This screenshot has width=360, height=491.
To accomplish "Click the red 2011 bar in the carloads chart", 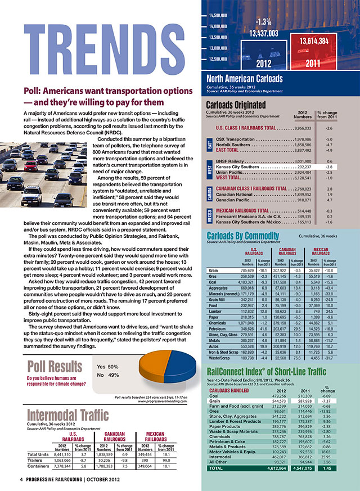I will tap(314, 51).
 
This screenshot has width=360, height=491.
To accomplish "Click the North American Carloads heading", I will tap(244, 79).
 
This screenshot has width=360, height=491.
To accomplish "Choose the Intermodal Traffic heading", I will tap(65, 416).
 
